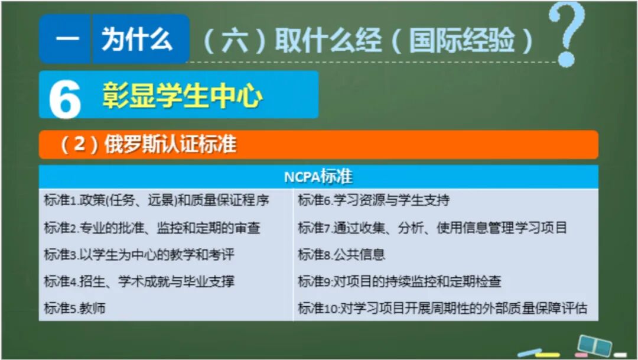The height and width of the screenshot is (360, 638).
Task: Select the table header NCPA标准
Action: [318, 177]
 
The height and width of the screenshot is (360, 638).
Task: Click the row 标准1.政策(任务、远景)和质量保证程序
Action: [157, 200]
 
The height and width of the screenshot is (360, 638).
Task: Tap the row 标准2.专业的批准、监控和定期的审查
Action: [152, 228]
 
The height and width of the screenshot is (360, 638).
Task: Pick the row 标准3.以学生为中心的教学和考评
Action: [139, 255]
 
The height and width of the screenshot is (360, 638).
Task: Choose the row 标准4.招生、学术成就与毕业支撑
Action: [139, 281]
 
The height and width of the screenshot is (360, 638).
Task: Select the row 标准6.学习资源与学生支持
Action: [373, 200]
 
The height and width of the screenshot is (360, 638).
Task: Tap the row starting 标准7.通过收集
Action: [432, 228]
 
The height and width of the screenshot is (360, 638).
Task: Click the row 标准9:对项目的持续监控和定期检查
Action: [399, 281]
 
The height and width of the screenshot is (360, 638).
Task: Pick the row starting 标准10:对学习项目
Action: [442, 308]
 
